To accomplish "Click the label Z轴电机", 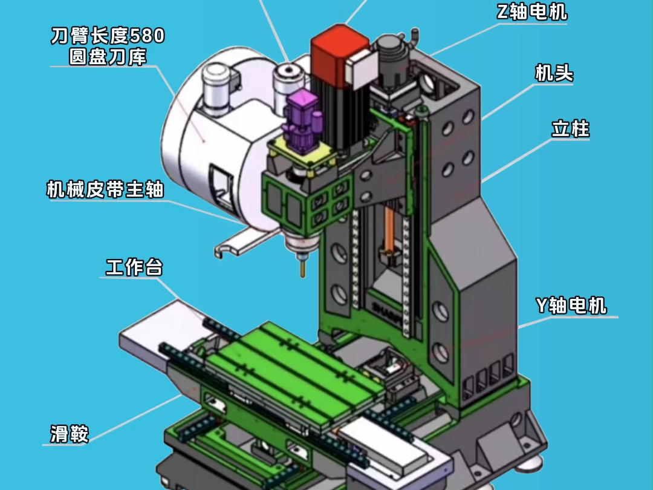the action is pos(532,11).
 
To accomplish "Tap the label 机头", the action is pos(554,73).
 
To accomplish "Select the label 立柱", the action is pos(571,129).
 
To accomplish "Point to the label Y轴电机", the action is pos(571,305).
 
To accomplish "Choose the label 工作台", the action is pos(134,267).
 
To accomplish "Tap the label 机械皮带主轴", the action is pos(105,189).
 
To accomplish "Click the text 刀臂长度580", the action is pos(108,36).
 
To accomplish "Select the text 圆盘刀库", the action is pos(108,57).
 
